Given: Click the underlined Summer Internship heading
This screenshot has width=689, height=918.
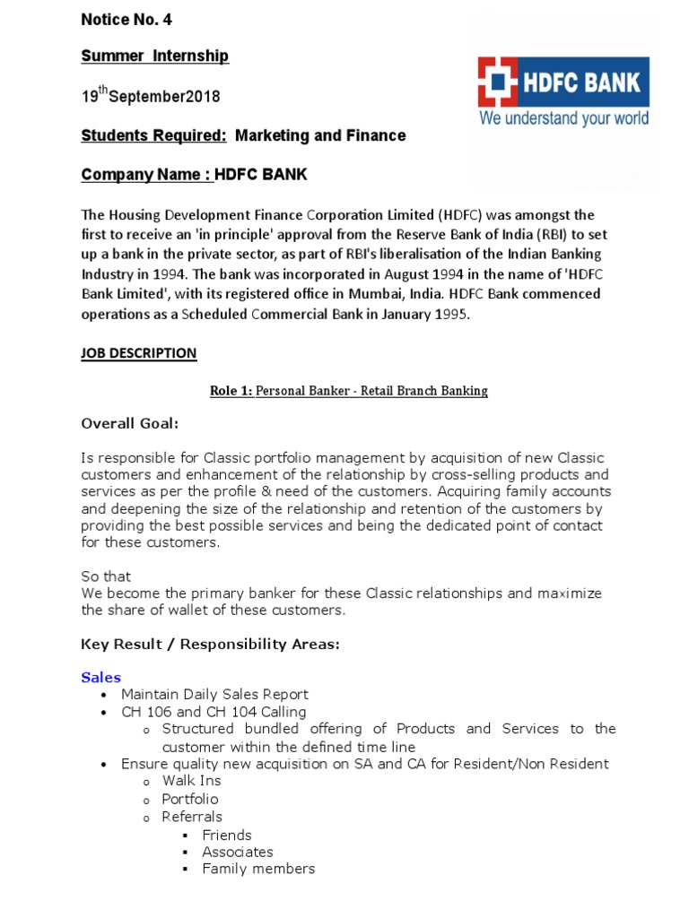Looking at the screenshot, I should pos(154,56).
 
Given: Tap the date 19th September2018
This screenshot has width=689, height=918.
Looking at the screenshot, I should pos(150,96).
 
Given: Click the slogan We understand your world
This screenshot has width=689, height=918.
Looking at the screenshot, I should pos(563,118).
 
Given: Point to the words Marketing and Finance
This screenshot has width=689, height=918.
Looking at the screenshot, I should pos(320,136).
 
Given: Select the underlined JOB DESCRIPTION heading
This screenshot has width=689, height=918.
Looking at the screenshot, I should pos(138,353).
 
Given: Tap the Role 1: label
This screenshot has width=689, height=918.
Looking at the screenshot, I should pos(231,391).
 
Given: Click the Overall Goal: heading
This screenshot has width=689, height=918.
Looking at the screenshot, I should pos(130,423).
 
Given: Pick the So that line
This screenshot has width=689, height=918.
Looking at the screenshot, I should pos(106,576).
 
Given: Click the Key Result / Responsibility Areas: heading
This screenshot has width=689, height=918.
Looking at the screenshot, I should pos(211,644).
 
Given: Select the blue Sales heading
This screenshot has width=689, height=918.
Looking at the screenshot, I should pos(100,678).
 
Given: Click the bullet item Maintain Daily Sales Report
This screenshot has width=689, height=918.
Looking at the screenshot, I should pos(214,694).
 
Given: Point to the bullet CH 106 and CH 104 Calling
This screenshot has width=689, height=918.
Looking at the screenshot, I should pos(214,712).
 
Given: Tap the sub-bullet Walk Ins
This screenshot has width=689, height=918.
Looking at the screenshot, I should pos(191,781).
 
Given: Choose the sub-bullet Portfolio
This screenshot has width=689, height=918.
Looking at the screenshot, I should pos(190,799).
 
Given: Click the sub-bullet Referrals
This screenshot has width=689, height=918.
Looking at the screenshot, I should pos(192,817).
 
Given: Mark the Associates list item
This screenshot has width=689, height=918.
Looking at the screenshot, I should pos(238,852).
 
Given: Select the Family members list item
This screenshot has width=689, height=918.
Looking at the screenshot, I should pos(258,869).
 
